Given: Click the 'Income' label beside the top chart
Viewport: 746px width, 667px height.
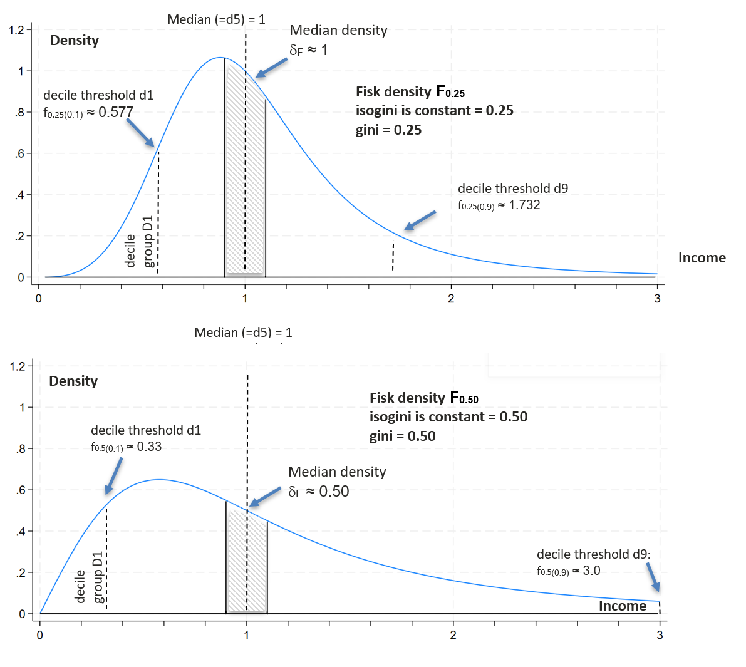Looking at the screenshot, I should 702,257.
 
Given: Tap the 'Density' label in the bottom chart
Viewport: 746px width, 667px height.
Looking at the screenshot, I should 73,381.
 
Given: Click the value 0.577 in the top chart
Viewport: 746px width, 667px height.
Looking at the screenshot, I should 116,112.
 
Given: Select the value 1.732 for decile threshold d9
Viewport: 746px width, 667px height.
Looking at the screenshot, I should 524,205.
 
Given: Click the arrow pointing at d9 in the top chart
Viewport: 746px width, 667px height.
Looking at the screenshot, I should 420,220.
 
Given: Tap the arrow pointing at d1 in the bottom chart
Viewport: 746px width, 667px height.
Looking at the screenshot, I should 113,475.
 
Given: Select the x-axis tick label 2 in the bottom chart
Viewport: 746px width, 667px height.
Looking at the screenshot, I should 453,635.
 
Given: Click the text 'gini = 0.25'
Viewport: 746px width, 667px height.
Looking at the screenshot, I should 388,130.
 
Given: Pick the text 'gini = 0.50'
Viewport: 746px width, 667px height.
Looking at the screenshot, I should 402,437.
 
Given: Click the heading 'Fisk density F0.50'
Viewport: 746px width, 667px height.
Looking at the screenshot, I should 423,398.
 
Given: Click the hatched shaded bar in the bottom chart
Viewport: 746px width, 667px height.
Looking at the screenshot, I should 246,561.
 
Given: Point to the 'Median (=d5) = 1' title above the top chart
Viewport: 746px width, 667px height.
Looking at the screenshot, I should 216,19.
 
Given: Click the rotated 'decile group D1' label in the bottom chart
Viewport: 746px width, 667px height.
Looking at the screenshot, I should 89,577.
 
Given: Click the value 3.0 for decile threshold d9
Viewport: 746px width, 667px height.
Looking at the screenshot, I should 591,571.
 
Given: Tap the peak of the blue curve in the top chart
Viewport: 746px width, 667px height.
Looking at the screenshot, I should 220,58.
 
